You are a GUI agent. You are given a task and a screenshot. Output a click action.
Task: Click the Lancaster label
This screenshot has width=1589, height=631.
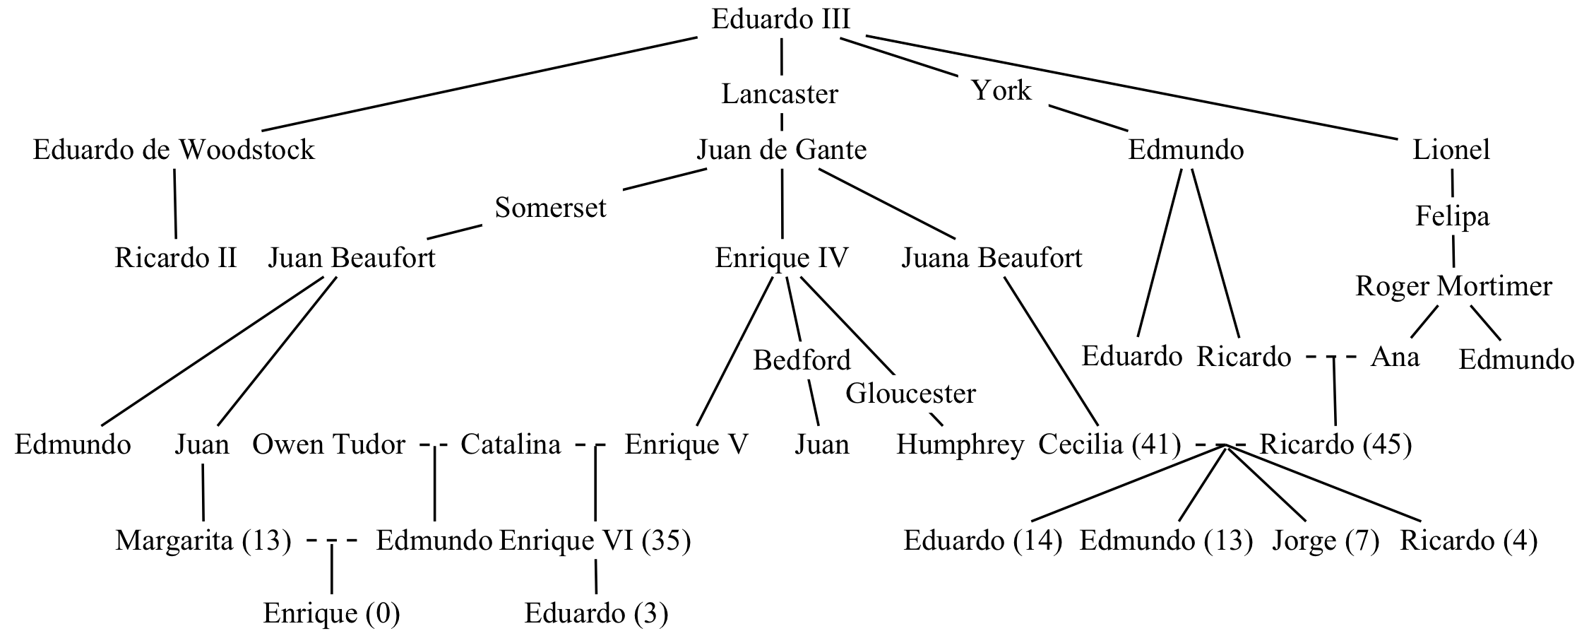click(781, 94)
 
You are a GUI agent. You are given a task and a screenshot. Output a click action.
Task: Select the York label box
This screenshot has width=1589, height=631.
click(1002, 91)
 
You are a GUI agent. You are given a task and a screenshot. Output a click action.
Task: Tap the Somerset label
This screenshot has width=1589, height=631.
click(552, 208)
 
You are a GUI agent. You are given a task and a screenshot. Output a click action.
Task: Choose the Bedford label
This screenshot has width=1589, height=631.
click(803, 360)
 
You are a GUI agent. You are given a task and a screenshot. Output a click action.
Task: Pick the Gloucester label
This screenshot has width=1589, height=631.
click(911, 394)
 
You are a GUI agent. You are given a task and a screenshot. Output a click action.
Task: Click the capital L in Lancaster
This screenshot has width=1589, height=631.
click(729, 94)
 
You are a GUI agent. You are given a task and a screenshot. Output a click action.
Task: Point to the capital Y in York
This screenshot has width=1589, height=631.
click(980, 90)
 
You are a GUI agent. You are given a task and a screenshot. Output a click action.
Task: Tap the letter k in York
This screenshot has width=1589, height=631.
click(1023, 90)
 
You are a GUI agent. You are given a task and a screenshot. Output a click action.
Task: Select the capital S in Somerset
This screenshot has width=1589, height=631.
click(502, 208)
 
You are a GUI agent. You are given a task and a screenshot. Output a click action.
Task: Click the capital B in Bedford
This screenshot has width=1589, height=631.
click(762, 360)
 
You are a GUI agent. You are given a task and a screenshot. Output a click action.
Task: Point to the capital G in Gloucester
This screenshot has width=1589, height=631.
click(856, 394)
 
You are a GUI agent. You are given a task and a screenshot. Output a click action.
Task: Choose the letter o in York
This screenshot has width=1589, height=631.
click(999, 92)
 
